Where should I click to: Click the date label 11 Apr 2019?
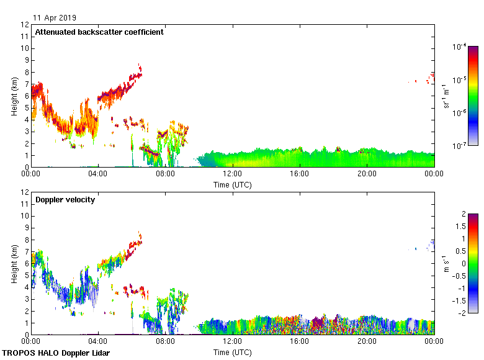tap(55, 18)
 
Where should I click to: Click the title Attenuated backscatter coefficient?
tap(99, 32)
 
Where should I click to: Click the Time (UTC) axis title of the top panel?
tap(233, 184)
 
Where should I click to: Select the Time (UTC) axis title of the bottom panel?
tap(233, 352)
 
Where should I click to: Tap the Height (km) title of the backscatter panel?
tap(14, 96)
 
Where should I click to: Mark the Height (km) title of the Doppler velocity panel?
tap(14, 263)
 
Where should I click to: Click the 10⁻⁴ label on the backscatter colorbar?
tap(459, 47)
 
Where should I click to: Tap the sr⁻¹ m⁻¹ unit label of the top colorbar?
tap(447, 96)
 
